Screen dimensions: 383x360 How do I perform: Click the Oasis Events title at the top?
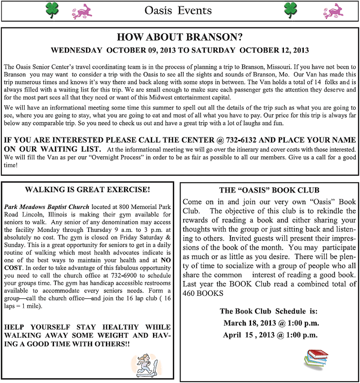point(178,10)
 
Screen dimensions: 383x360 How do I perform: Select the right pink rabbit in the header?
point(332,10)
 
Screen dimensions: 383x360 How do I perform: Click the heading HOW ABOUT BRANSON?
point(180,37)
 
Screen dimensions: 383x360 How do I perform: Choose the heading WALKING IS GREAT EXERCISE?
point(87,189)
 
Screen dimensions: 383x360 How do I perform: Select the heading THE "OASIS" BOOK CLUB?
point(269,190)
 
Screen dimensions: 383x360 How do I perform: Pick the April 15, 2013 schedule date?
point(270,335)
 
